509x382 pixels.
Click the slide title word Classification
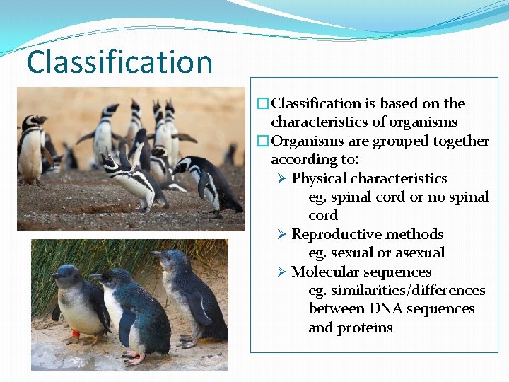[119, 62]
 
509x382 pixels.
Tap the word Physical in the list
[319, 178]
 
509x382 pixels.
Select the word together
[458, 141]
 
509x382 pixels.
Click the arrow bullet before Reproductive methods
[282, 234]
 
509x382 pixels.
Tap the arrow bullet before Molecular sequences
[282, 272]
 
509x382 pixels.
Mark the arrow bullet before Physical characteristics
[282, 178]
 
